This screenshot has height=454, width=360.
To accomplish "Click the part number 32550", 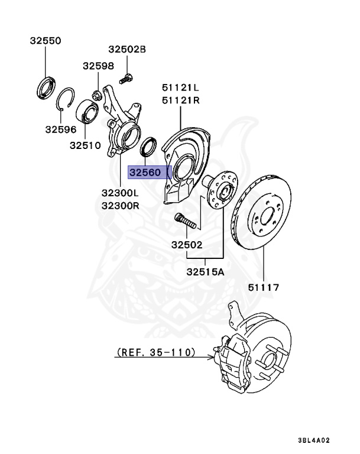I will click(45, 41).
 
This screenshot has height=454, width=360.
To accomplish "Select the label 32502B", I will click(127, 48).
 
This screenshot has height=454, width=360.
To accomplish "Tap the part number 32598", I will click(98, 66).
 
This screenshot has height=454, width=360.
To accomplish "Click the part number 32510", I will click(85, 144).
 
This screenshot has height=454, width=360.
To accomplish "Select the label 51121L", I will click(180, 87).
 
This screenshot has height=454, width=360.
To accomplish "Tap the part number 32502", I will click(187, 244).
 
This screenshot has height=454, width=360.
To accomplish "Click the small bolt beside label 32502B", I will click(126, 76).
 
